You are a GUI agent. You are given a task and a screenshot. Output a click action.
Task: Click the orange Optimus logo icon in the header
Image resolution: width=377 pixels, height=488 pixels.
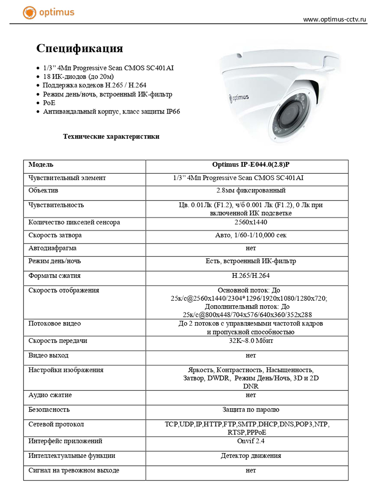(30, 12)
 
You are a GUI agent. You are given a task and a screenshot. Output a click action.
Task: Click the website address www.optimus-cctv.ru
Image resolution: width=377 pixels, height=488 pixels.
(335, 20)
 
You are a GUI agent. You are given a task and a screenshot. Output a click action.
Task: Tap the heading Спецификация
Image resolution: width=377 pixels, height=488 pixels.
(79, 48)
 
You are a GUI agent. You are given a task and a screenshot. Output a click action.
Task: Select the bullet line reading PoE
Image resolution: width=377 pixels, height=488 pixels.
(49, 102)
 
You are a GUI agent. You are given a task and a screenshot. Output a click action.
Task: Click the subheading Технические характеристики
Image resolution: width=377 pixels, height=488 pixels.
(111, 136)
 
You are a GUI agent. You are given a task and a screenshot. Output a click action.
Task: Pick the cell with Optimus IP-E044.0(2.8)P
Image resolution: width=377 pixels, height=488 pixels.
(247, 165)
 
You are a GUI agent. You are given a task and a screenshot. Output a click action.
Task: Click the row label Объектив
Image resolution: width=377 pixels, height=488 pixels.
(44, 190)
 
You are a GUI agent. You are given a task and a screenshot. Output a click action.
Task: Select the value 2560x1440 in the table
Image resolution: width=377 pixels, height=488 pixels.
(247, 222)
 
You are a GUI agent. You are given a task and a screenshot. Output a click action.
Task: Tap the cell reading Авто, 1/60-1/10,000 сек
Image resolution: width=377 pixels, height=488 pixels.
(247, 235)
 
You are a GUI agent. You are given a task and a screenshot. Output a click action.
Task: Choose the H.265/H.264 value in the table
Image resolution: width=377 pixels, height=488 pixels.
(247, 275)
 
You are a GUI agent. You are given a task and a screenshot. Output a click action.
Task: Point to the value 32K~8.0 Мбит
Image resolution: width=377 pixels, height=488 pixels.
(247, 341)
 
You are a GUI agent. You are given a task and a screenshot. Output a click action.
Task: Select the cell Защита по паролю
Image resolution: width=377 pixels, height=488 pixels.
(247, 409)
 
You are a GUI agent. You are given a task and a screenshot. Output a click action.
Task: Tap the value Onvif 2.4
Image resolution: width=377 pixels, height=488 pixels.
(247, 441)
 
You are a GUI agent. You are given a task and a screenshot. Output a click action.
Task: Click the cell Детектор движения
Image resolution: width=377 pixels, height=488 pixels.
(247, 456)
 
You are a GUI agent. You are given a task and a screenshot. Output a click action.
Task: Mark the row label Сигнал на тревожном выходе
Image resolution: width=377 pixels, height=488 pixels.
(74, 470)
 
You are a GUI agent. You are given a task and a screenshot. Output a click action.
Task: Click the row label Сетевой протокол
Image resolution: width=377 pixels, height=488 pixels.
(56, 424)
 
